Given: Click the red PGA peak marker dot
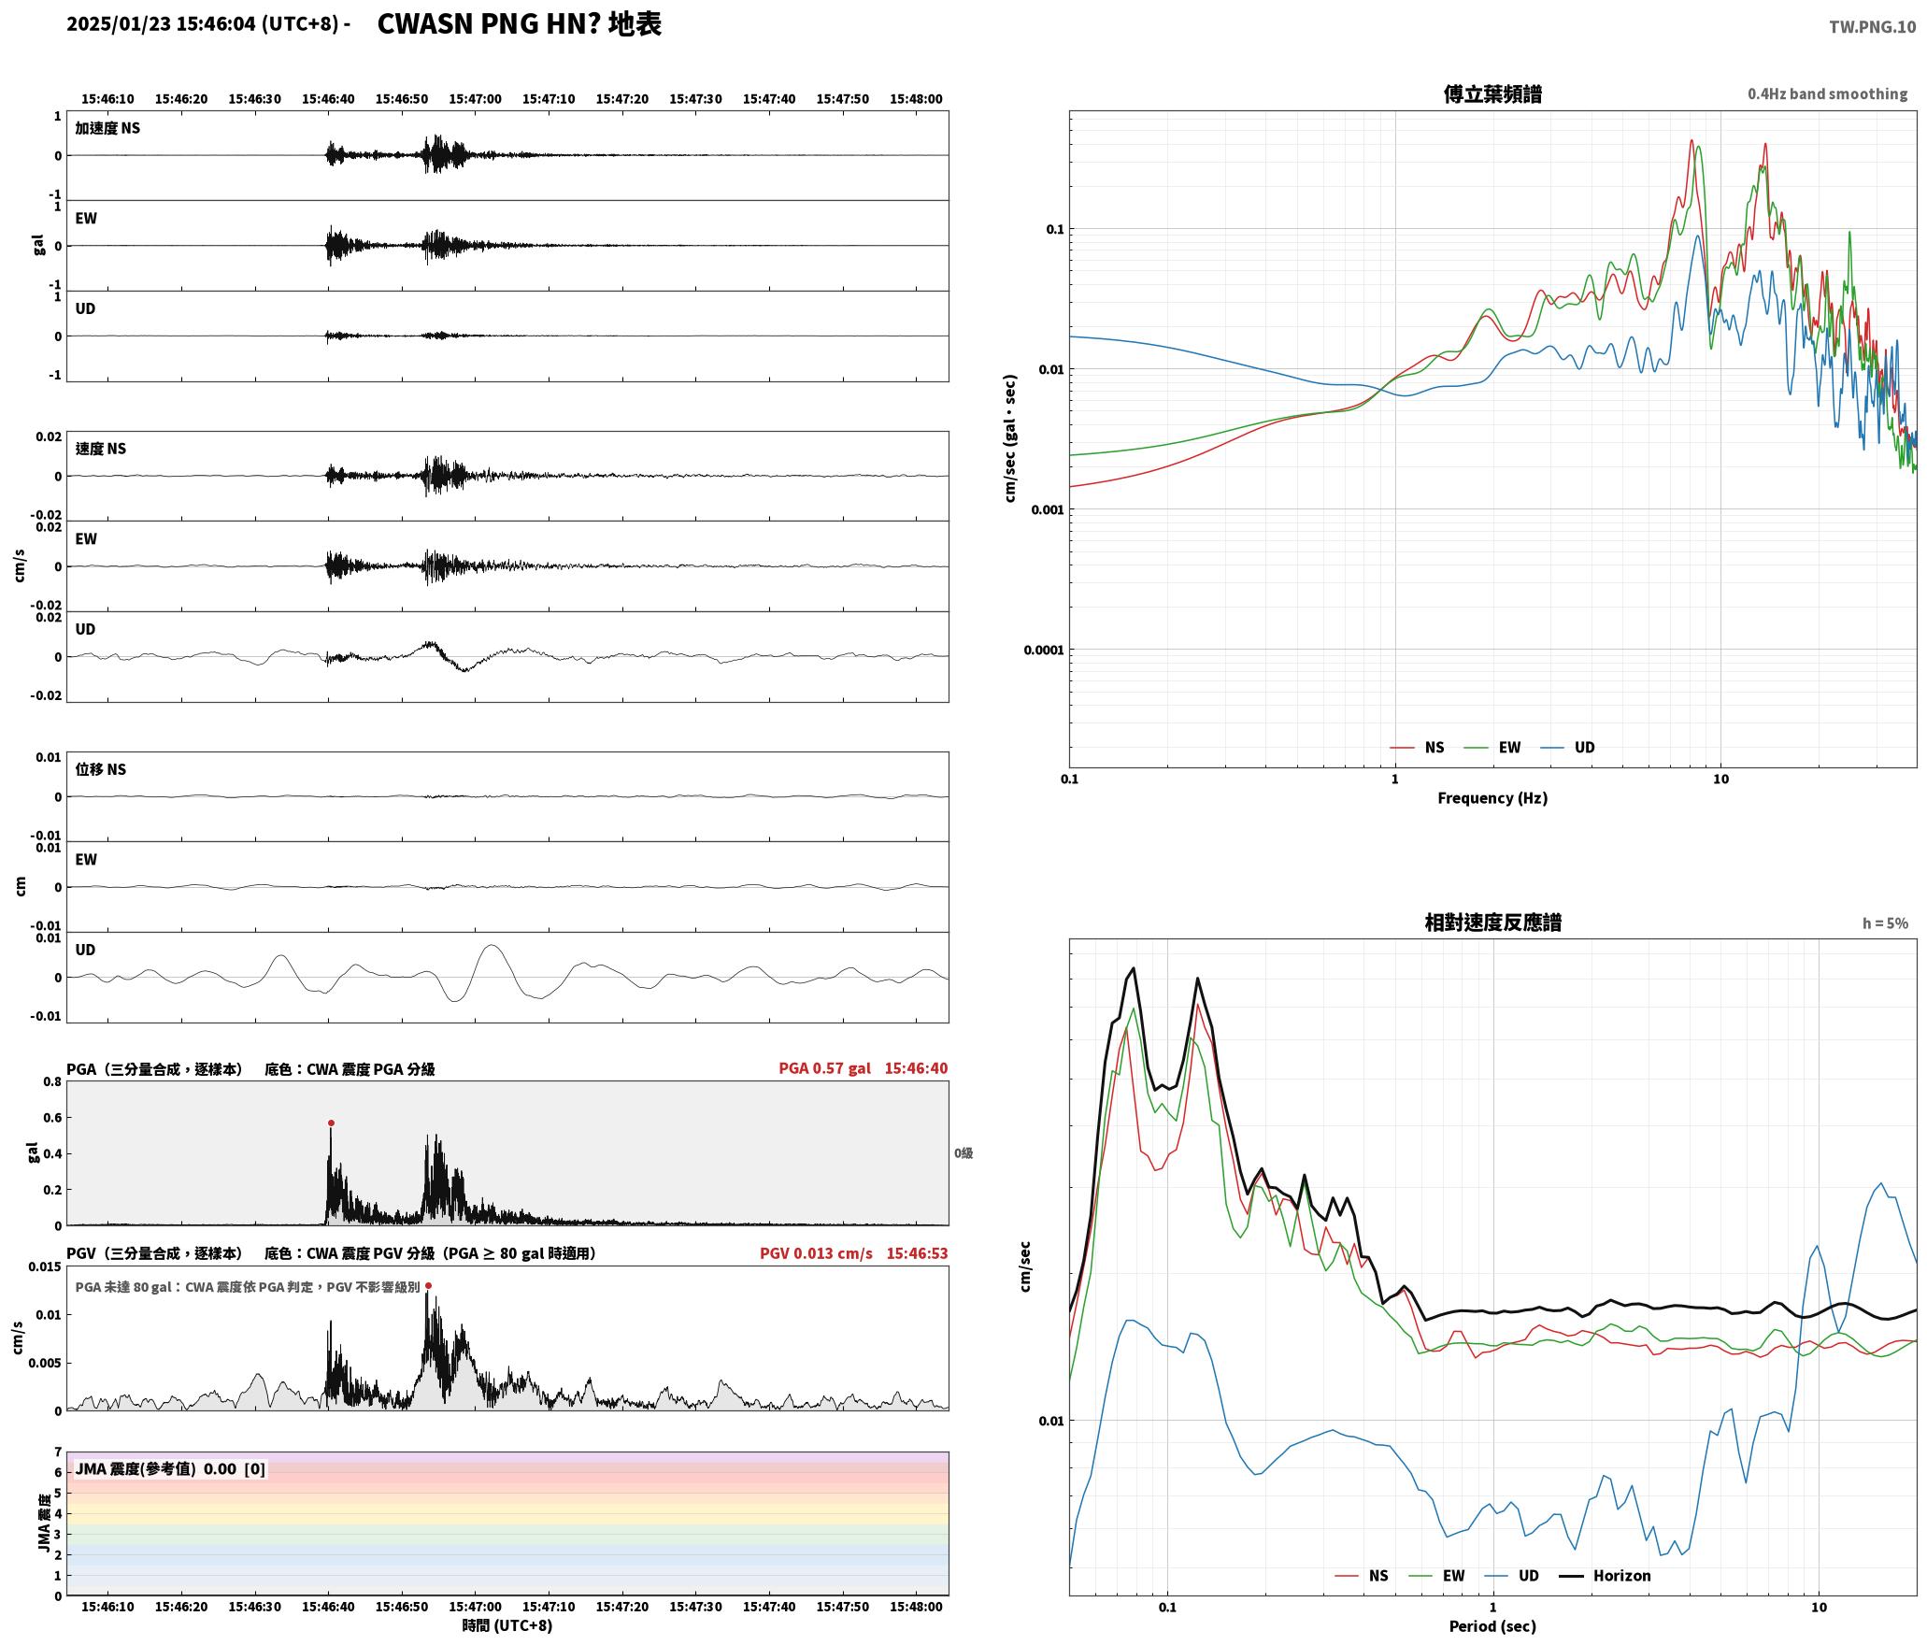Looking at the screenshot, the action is (331, 1123).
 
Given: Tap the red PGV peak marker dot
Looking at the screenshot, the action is (428, 1285).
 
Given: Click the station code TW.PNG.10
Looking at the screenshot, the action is (1872, 27).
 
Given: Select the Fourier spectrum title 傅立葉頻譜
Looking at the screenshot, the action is (1492, 93).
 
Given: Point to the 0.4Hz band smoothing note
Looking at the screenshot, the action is (1827, 93).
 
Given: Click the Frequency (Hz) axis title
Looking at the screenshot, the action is (1492, 797).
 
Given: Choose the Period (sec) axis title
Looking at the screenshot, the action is (1492, 1625).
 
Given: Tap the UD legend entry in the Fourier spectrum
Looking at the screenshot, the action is (1568, 747).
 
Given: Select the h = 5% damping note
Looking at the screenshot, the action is (1885, 923).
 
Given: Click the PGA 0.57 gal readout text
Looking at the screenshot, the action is (824, 1067).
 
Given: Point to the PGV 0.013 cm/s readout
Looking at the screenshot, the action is (816, 1252).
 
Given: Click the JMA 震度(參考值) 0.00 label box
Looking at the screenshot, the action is (170, 1468).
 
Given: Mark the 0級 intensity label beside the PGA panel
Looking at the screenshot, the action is (963, 1152).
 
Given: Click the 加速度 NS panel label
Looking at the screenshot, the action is (107, 128).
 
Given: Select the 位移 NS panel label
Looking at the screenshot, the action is (101, 769).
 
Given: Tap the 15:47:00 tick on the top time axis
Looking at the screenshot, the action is (475, 98).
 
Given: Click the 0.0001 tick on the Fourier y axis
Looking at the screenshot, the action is (1044, 650).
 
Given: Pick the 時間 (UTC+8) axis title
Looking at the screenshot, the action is (507, 1625).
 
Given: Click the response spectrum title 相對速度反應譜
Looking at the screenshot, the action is (1492, 922).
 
